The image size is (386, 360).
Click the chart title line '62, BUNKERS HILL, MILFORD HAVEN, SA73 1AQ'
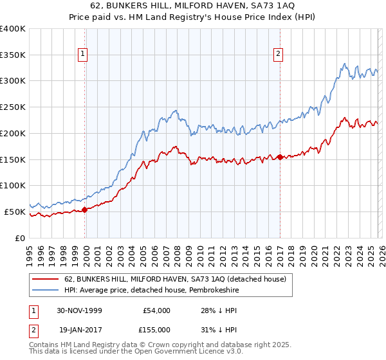click(192, 5)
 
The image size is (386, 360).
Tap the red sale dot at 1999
click(85, 209)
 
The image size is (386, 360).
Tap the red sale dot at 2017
click(280, 156)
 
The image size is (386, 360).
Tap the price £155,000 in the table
click(157, 328)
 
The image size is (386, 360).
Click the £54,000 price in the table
click(157, 310)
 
